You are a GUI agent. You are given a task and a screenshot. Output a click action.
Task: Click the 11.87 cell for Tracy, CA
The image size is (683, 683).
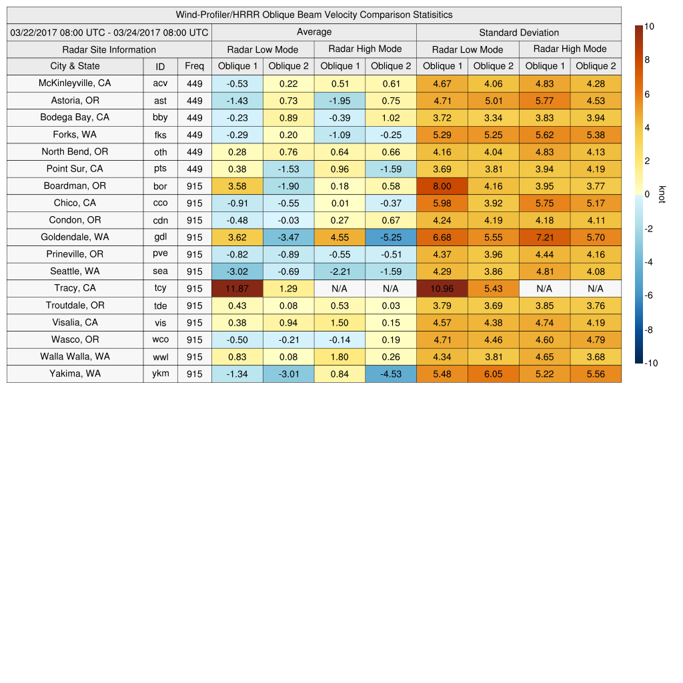click(x=237, y=288)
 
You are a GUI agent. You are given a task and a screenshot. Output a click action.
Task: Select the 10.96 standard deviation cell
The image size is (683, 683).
click(x=442, y=288)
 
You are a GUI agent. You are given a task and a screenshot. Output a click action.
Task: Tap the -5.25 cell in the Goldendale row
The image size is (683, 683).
click(x=390, y=237)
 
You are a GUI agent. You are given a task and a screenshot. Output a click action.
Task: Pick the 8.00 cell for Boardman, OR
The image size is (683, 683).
click(x=442, y=186)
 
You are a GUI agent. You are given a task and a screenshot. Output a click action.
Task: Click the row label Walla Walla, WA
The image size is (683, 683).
click(x=75, y=356)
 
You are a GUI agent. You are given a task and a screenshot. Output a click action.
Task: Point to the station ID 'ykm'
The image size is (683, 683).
click(x=160, y=374)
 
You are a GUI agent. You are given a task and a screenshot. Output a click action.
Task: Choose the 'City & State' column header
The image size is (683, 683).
click(x=75, y=66)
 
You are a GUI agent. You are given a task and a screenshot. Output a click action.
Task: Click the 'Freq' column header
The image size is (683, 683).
click(x=194, y=66)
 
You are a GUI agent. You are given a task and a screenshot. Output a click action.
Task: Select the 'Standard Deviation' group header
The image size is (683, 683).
click(x=518, y=32)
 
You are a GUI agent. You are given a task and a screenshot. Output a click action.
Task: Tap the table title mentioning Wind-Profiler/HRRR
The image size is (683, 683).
click(x=313, y=15)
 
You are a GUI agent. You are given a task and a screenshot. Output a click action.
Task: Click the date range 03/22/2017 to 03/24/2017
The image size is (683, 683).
click(x=109, y=32)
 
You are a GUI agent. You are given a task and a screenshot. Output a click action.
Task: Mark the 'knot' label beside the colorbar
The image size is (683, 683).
click(x=662, y=194)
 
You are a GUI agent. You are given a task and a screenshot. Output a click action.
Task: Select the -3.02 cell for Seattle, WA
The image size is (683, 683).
click(x=237, y=271)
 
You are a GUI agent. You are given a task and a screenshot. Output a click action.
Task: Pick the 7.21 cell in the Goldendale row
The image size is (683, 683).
click(x=544, y=237)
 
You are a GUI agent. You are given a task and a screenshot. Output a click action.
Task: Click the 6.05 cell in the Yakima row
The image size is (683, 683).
click(x=493, y=374)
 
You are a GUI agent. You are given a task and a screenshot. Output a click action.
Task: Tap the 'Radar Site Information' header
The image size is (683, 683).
click(x=109, y=49)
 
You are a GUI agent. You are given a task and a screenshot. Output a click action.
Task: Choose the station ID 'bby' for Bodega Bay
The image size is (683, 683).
click(x=160, y=117)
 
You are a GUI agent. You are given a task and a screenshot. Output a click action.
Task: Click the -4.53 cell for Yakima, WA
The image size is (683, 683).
click(x=390, y=374)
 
